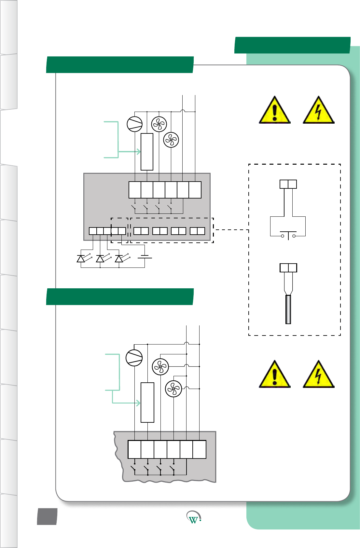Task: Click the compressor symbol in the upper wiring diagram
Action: [x=135, y=124]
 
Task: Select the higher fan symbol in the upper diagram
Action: [x=159, y=124]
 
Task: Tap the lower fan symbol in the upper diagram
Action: [x=171, y=140]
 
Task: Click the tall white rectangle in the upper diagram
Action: [x=147, y=152]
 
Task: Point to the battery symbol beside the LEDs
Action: [x=145, y=257]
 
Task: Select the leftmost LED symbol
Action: [x=81, y=259]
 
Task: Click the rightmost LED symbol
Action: [x=119, y=259]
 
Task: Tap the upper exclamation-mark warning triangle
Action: [x=274, y=111]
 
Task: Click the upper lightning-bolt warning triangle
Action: [x=318, y=111]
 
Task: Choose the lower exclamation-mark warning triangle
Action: [x=274, y=375]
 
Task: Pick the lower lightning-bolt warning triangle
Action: [x=318, y=375]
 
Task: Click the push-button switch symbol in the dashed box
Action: [x=288, y=235]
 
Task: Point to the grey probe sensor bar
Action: [x=288, y=309]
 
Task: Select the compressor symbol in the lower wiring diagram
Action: [x=134, y=358]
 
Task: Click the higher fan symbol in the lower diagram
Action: [x=160, y=367]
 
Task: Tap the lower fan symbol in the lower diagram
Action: [x=173, y=389]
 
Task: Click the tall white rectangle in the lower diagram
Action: [x=147, y=403]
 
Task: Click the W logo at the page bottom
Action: [x=194, y=517]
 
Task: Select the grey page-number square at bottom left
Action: [x=47, y=516]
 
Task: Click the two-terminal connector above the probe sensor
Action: [x=288, y=268]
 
